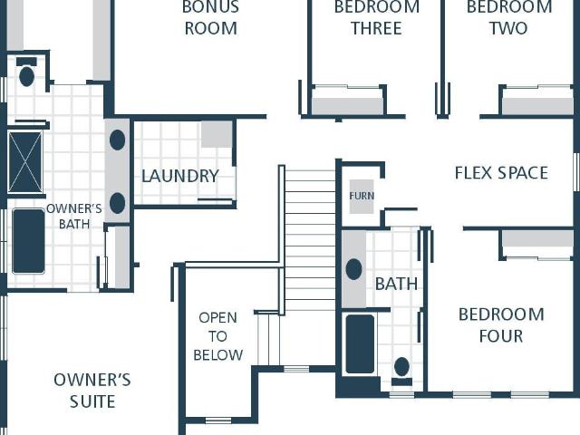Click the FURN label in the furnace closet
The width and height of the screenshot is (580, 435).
click(362, 196)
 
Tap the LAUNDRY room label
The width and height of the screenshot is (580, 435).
click(180, 176)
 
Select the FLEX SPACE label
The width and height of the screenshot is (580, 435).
click(501, 173)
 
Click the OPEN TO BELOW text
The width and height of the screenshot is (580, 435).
click(217, 336)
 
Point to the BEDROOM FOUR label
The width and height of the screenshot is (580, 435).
click(501, 325)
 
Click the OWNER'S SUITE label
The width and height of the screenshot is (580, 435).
click(92, 391)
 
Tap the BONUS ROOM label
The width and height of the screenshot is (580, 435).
click(211, 18)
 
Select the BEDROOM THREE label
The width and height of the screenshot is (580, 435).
click(377, 18)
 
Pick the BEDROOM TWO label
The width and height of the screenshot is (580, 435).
click(509, 18)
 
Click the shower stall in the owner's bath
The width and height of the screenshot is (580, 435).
click(25, 162)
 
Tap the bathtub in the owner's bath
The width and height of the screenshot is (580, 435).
click(28, 241)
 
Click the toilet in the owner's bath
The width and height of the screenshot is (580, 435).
click(26, 72)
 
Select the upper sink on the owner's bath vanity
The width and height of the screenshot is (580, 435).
click(117, 140)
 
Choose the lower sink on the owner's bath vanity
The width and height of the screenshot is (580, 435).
click(117, 203)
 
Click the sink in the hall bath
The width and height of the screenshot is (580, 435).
click(353, 269)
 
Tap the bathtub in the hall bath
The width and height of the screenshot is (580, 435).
click(360, 344)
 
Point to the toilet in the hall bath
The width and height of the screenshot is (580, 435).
click(401, 371)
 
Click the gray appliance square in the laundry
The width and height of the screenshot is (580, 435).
click(217, 134)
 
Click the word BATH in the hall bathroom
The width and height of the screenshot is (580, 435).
click(397, 284)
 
